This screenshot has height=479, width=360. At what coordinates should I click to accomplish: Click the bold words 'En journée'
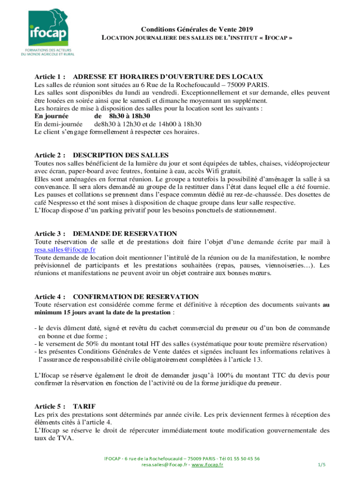pyautogui.click(x=52, y=116)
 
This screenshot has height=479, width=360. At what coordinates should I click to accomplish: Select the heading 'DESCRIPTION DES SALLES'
pyautogui.click(x=121, y=155)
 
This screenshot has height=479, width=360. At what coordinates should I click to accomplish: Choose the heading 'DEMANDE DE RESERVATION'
pyautogui.click(x=125, y=233)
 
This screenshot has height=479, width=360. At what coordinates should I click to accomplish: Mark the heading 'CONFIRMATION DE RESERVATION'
pyautogui.click(x=136, y=297)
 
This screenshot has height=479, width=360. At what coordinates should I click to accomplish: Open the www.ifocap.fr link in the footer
pyautogui.click(x=207, y=465)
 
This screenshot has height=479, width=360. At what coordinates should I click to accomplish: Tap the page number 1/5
pyautogui.click(x=321, y=465)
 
